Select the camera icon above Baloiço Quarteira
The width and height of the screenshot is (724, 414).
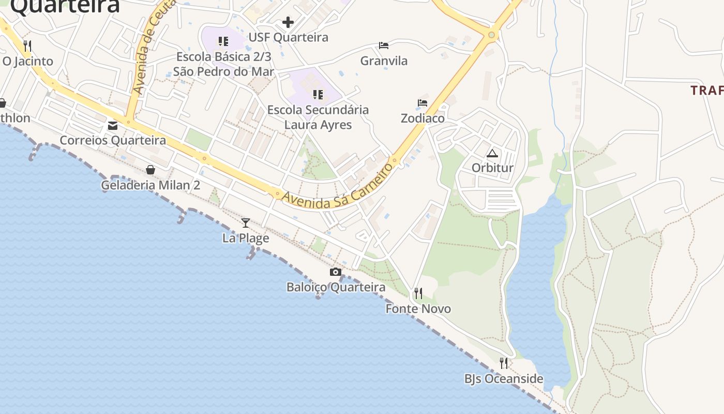[336, 272]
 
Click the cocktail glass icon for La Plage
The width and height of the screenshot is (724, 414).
[246, 223]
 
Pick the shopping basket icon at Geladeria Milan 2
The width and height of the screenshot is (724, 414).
[150, 170]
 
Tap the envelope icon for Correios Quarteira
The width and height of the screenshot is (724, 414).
[113, 126]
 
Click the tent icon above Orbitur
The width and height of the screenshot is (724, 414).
[492, 153]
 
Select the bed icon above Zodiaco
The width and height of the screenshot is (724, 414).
[423, 103]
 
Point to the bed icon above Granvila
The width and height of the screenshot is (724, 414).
[384, 46]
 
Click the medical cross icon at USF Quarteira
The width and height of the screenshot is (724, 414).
[288, 22]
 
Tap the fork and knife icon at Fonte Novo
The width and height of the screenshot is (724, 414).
[418, 293]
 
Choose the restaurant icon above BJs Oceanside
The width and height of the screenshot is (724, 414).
[504, 363]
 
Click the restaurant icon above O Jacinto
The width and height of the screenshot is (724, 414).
[27, 46]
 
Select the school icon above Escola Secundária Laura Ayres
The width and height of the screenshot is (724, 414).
[318, 95]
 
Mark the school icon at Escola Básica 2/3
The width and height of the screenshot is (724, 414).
[223, 41]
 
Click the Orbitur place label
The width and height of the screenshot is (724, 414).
[492, 168]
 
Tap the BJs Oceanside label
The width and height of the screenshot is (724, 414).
[504, 379]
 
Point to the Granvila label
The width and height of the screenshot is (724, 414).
[384, 61]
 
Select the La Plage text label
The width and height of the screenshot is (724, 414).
[246, 238]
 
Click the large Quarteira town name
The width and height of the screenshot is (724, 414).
[65, 6]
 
